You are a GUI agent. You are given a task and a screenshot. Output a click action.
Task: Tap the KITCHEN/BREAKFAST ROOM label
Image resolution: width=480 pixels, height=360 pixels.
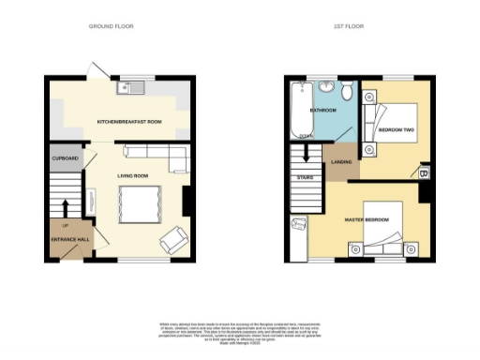coord(128,122)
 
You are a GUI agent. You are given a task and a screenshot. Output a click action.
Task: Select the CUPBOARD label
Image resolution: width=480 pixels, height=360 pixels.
coord(65,157)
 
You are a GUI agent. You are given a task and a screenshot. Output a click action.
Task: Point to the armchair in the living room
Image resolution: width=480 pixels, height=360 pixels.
coord(172,240)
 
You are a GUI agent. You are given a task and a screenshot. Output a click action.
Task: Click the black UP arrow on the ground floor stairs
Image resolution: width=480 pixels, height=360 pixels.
coord(65,207)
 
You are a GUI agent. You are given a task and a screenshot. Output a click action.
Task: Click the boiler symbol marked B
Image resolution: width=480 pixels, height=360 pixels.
coord(424,172)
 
